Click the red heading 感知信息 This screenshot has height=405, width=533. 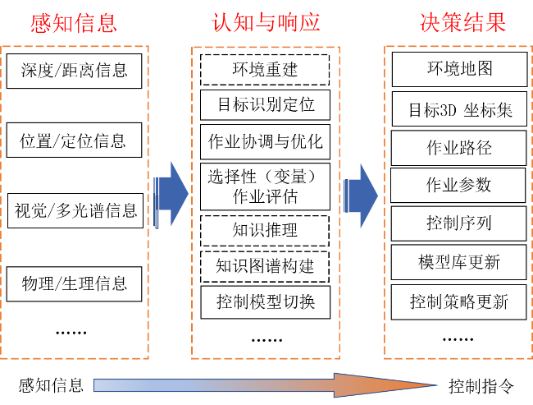74,23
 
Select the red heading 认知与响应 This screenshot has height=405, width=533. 266,23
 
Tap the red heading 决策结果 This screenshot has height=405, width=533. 462,23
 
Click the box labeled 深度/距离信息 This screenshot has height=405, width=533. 74,71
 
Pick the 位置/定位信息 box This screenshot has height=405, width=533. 74,140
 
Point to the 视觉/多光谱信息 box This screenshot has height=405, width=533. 75,210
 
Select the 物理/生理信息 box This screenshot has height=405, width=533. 74,284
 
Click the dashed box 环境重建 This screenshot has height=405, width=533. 265,70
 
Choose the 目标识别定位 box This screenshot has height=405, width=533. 265,105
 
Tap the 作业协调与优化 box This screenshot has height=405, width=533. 265,141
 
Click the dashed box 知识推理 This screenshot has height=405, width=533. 265,231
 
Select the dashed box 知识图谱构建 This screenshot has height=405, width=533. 265,267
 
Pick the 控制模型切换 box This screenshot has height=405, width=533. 266,302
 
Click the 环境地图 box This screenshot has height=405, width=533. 459,69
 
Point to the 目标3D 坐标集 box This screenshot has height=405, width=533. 459,109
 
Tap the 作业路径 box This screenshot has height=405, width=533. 459,148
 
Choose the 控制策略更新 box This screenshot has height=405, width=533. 459,302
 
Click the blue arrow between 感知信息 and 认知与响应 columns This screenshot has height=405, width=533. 171,194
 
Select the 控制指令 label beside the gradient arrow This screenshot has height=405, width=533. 481,386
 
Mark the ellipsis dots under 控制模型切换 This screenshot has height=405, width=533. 266,340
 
